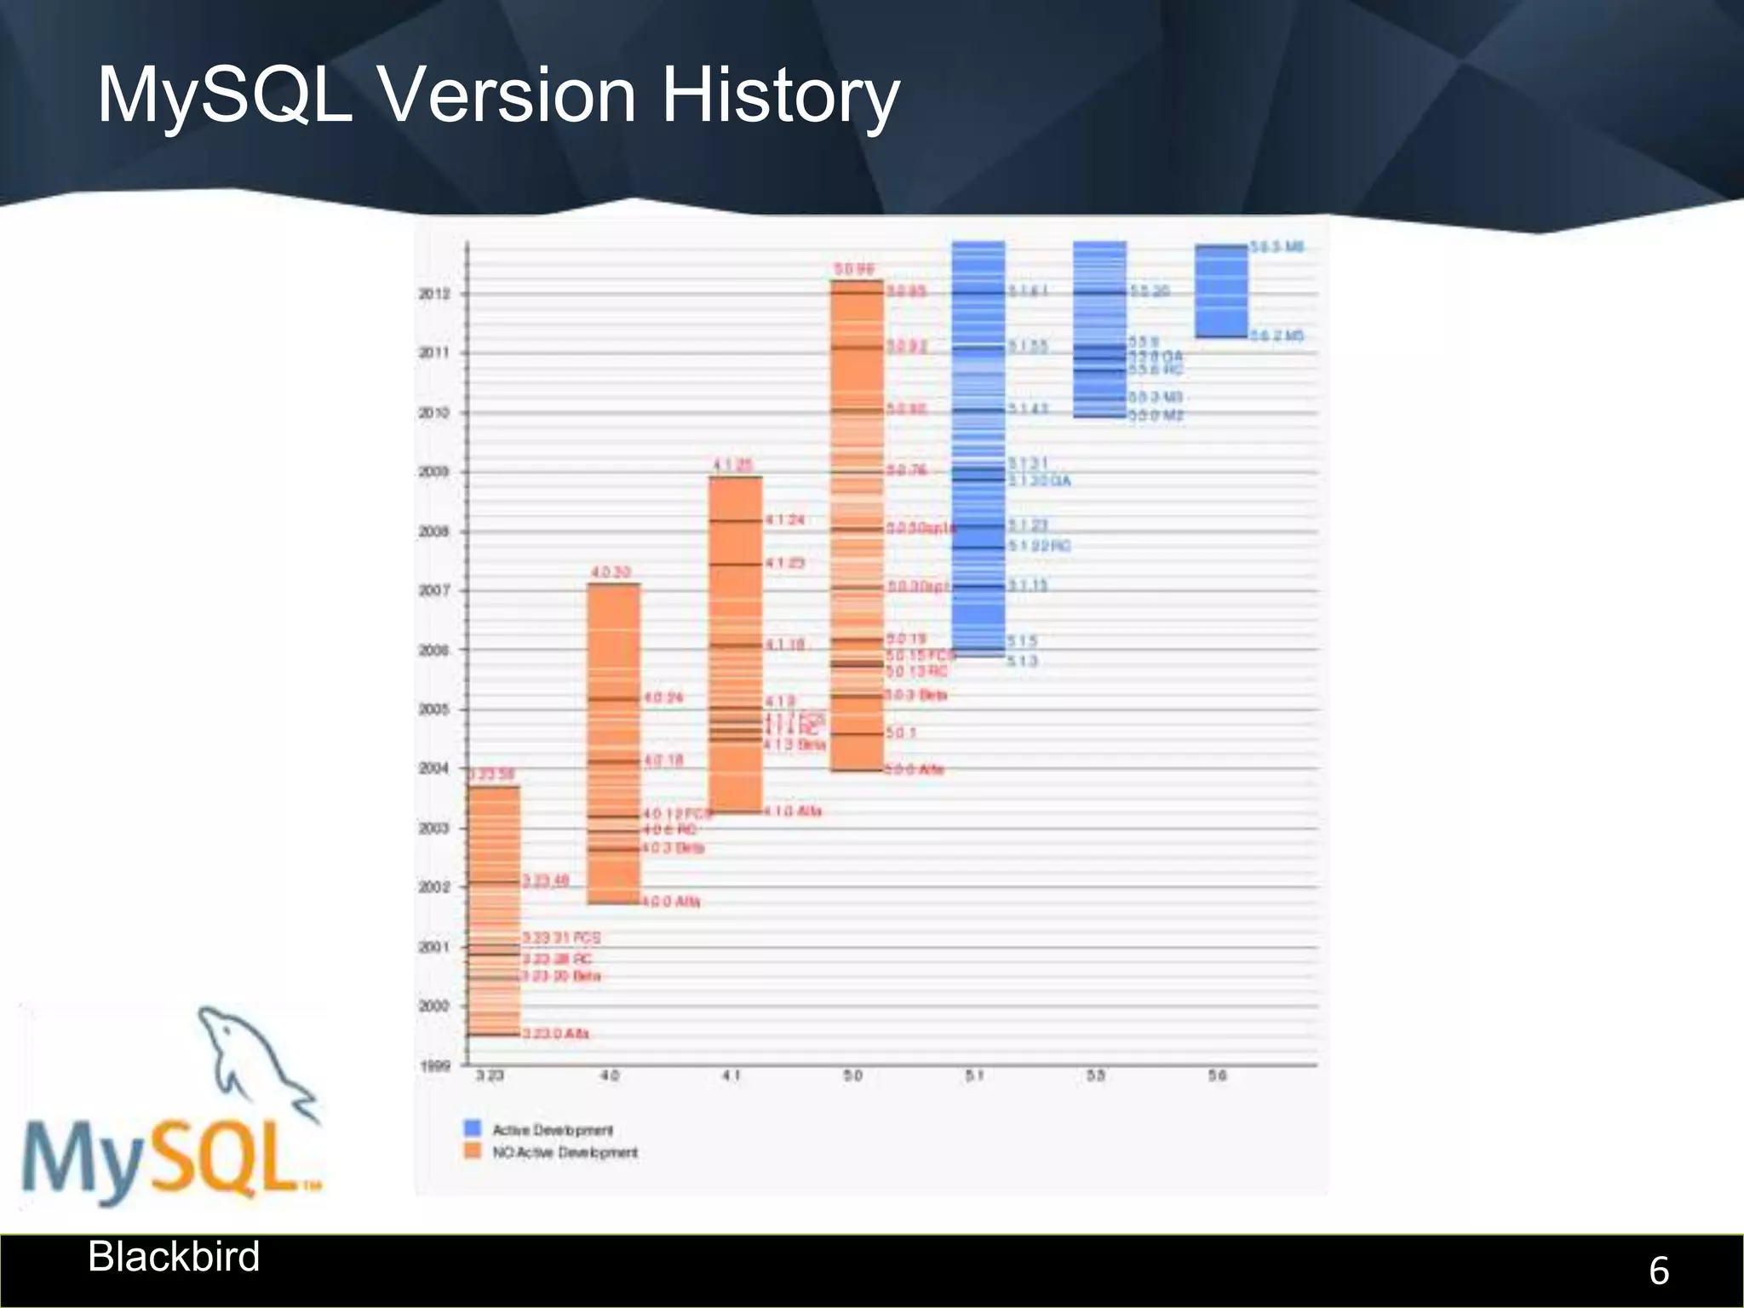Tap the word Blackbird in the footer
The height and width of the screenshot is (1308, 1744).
[x=174, y=1257]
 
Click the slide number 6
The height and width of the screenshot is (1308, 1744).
[x=1658, y=1271]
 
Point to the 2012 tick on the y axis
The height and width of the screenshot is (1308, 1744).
[x=433, y=294]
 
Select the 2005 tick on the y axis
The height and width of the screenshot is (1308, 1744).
[x=433, y=709]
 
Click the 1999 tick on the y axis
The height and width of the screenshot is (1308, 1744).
[x=435, y=1065]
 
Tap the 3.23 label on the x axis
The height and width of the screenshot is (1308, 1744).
[x=490, y=1076]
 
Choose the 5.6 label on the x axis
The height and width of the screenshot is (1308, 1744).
[x=1218, y=1076]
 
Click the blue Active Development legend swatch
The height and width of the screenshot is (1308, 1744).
[x=473, y=1128]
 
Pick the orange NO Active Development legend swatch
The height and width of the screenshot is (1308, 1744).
[x=473, y=1151]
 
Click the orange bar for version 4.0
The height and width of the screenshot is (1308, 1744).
[x=614, y=741]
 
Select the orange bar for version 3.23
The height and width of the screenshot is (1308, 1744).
[x=494, y=911]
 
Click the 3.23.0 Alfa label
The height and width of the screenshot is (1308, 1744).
[x=555, y=1033]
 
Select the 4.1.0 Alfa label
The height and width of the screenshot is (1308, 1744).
[x=793, y=811]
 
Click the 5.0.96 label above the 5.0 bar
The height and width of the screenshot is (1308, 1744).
[x=853, y=269]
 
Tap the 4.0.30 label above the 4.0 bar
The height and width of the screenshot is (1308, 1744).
[x=611, y=572]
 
